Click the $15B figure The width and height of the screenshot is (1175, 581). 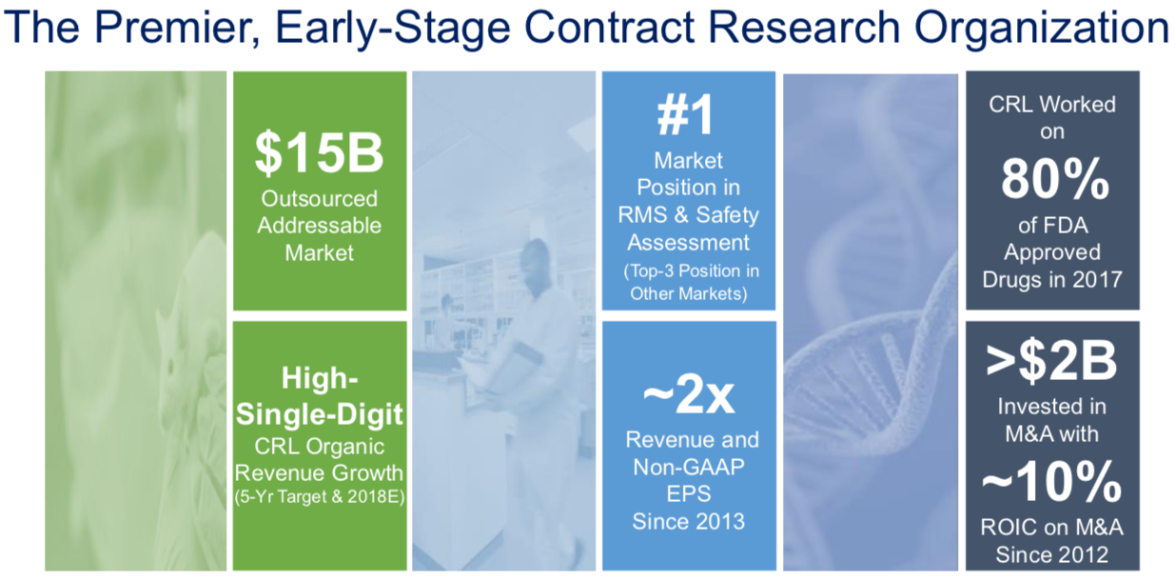point(319,152)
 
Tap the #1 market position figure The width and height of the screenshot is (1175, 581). point(686,115)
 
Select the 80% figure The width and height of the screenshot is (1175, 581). point(1055,179)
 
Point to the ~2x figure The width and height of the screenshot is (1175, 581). point(688,395)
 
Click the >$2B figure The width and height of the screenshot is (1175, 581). point(1051,362)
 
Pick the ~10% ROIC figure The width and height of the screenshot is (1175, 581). point(1051,482)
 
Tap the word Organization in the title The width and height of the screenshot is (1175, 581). point(1043,29)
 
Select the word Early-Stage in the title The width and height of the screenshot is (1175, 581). point(392,29)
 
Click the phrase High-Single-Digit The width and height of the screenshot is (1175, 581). point(319,396)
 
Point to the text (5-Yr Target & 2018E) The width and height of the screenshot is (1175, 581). point(320,496)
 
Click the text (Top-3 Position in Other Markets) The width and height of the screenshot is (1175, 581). point(691,282)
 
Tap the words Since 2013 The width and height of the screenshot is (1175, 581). point(688,522)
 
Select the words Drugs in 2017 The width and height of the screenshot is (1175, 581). point(1051,279)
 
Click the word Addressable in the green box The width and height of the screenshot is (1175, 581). point(319,226)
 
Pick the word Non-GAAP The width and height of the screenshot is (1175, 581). point(688,467)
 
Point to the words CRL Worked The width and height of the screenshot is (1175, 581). point(1051,105)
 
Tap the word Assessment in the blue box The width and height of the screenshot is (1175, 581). point(688,243)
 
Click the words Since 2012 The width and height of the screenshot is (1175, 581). point(1051,554)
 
